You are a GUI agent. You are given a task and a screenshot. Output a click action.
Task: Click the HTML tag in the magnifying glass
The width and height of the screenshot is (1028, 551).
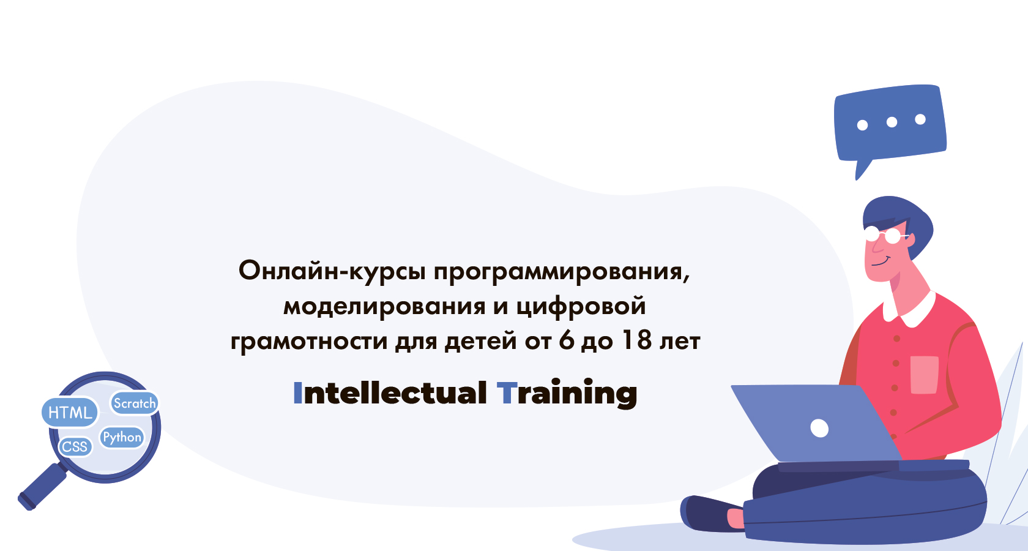(x=70, y=413)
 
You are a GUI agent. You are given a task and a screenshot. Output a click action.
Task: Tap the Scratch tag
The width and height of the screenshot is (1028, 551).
(x=135, y=403)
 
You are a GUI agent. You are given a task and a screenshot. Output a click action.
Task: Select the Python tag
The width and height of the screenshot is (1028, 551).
(x=122, y=437)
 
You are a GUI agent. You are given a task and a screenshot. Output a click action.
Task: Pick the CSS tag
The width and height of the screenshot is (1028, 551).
(x=75, y=446)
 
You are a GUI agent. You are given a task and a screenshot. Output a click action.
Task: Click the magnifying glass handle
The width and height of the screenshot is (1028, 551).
(x=42, y=487)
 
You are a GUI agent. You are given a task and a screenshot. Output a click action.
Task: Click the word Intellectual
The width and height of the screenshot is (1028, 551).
(x=390, y=393)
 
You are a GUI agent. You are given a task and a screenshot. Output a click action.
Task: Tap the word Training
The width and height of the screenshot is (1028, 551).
(x=567, y=393)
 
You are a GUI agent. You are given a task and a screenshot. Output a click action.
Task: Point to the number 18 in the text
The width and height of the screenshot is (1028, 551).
(x=636, y=341)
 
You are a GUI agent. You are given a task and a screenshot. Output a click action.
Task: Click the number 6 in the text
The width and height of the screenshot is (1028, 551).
(x=567, y=341)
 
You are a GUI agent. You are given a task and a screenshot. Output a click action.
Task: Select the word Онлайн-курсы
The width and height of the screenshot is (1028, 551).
(x=332, y=271)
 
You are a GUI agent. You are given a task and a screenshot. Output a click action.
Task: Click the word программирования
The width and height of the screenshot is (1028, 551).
(x=561, y=271)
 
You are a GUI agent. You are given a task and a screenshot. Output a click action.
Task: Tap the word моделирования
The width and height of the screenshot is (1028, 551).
(x=384, y=306)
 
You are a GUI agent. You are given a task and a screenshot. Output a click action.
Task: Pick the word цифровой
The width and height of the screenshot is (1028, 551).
(x=581, y=306)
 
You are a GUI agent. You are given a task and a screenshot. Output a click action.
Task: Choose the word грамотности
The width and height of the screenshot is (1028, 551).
(x=309, y=341)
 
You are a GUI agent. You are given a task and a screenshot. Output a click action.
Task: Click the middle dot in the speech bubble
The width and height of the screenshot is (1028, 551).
(x=892, y=122)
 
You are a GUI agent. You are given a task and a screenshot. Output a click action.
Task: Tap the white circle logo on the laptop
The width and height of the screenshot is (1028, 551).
(x=819, y=428)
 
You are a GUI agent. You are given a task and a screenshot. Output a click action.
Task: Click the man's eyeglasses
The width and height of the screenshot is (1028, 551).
(x=884, y=234)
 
